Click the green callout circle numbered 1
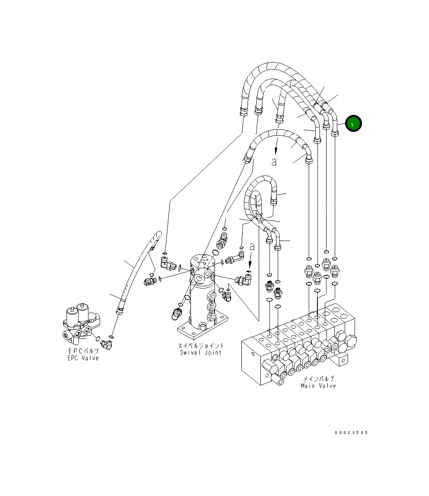pyautogui.click(x=353, y=124)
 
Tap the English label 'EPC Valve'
pyautogui.click(x=83, y=358)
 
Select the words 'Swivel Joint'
pyautogui.click(x=201, y=353)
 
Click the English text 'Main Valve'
pyautogui.click(x=318, y=386)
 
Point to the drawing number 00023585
pyautogui.click(x=351, y=433)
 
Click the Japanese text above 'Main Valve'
pyautogui.click(x=318, y=379)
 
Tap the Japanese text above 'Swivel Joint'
pyautogui.click(x=201, y=346)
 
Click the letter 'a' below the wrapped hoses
pyautogui.click(x=274, y=162)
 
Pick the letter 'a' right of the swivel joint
pyautogui.click(x=252, y=247)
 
